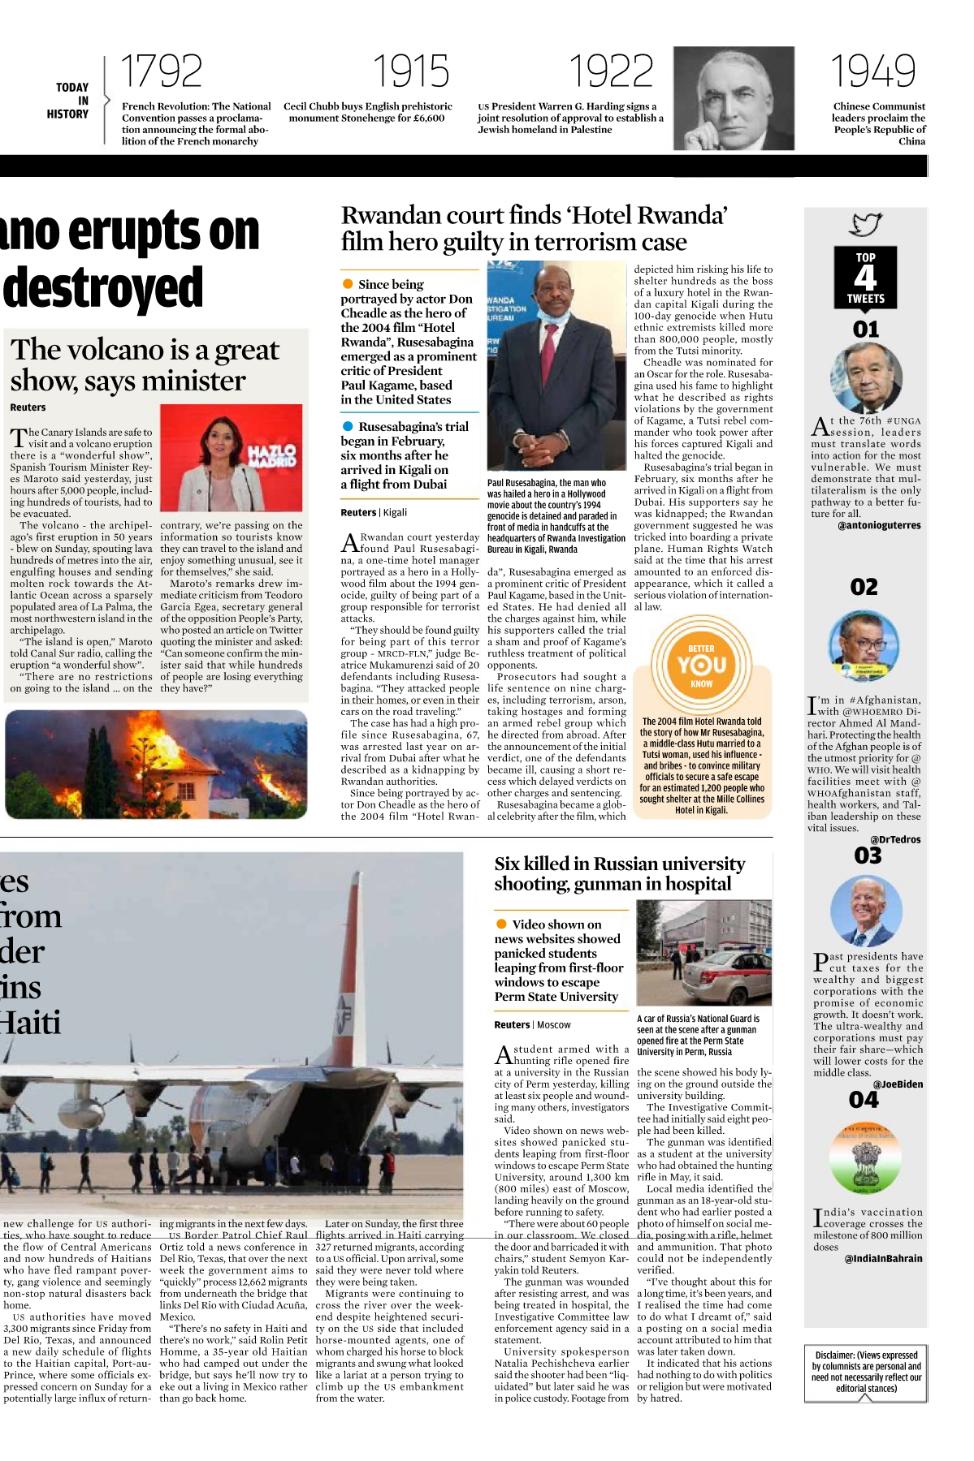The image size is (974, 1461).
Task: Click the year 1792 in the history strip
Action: [161, 71]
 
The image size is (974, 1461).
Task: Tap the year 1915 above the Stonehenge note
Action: [410, 71]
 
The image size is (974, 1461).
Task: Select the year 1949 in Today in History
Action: [872, 71]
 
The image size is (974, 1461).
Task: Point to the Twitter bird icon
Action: [865, 224]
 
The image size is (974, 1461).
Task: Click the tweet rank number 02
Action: [864, 587]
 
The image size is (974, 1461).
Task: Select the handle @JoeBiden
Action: [898, 1084]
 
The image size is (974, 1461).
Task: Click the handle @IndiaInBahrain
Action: [883, 1258]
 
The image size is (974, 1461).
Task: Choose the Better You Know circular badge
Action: [702, 665]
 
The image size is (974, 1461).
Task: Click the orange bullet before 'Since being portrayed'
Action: [348, 284]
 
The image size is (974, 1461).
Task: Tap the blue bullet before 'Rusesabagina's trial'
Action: [348, 426]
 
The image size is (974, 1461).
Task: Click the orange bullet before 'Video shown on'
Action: [501, 924]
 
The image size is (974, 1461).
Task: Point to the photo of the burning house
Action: [156, 764]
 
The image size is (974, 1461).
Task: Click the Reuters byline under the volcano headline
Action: [28, 407]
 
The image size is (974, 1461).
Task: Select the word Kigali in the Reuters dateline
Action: [395, 512]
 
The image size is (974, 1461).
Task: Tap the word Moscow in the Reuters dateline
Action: [554, 1025]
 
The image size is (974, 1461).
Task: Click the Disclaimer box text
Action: [866, 1371]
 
